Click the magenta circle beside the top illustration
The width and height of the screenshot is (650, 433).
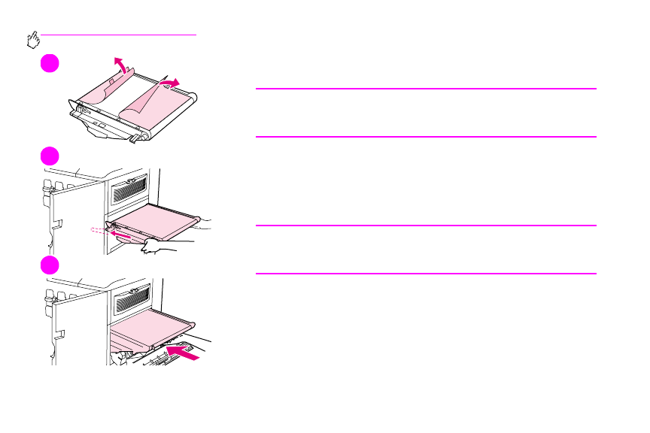tap(50, 63)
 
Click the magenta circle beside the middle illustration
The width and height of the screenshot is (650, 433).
tap(50, 156)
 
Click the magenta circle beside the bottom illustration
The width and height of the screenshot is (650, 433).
tap(50, 265)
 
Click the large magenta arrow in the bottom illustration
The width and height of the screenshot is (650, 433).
tap(184, 351)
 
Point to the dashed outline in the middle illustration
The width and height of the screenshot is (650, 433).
tap(100, 231)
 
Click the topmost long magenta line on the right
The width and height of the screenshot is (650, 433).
tap(426, 89)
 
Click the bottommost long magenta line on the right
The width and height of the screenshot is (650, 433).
tap(426, 274)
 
